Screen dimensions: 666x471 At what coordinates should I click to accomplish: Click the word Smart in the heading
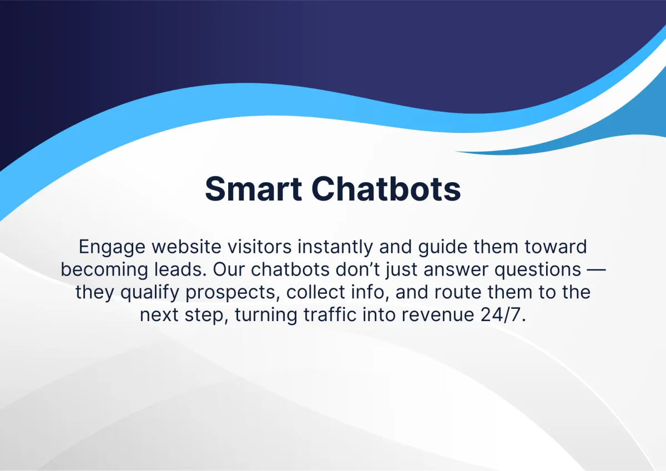[x=253, y=189]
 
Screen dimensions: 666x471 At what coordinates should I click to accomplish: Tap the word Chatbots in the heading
[x=386, y=189]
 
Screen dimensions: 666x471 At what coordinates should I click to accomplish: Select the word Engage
[x=112, y=248]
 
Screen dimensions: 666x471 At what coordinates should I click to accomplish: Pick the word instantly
[x=335, y=248]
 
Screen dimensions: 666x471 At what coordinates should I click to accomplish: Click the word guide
[x=443, y=248]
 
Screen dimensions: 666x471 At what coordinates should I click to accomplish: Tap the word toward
[x=556, y=247]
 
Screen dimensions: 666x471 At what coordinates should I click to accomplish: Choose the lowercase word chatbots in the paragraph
[x=290, y=269]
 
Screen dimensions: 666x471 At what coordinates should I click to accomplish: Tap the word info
[x=370, y=292]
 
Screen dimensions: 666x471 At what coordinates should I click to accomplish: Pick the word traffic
[x=330, y=314]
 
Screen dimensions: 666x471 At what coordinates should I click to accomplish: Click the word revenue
[x=438, y=315]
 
